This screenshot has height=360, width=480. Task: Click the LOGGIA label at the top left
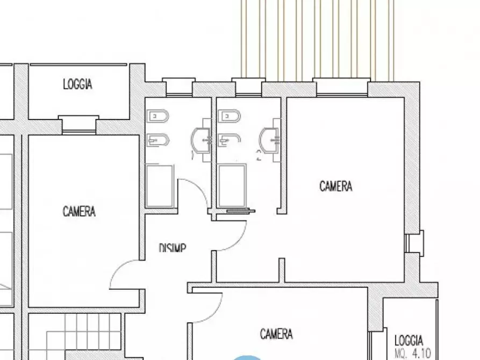(x=77, y=84)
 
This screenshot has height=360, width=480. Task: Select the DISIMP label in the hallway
(x=173, y=248)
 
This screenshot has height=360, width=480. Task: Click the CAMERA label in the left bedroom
(x=79, y=211)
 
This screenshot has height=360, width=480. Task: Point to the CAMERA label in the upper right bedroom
(x=336, y=186)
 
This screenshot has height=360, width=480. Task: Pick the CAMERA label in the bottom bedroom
(x=276, y=334)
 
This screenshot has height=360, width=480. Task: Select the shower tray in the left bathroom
(x=159, y=186)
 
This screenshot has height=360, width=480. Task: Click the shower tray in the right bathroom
(x=232, y=185)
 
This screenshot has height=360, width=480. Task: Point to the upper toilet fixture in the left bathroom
(x=157, y=116)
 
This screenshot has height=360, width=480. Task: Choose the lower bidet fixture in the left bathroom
(x=157, y=141)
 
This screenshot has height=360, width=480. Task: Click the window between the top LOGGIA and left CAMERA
(x=79, y=125)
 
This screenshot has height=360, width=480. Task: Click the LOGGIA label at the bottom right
(x=409, y=340)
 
